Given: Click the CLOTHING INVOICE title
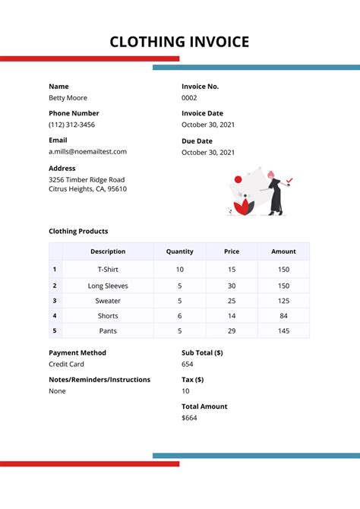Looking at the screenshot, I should point(179,42).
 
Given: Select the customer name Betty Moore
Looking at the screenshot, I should point(68,98).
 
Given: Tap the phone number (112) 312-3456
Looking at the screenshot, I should point(71,125).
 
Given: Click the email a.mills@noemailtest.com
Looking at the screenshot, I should point(87,151).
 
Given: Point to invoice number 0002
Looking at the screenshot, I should point(189,98).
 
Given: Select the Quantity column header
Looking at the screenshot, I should point(179,251).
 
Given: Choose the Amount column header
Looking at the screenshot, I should point(283,251).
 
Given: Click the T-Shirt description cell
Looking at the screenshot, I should point(108,270).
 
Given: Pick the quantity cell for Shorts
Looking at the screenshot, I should point(179,316).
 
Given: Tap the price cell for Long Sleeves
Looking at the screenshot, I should point(232,286).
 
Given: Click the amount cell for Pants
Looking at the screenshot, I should point(283,331).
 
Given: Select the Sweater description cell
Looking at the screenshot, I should point(108,301).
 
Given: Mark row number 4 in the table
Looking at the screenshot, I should point(55,316).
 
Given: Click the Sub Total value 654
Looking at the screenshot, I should point(188,365).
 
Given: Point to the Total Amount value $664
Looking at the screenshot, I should point(189,418).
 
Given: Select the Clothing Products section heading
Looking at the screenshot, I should point(78,231).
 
